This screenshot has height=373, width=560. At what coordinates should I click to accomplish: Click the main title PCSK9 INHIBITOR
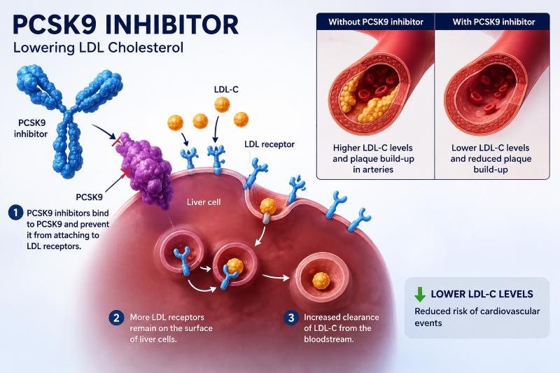pos(125,25)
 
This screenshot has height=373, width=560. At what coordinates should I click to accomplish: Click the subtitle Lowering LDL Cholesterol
pos(98,48)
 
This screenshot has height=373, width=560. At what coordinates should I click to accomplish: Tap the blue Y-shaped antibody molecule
pos(68,121)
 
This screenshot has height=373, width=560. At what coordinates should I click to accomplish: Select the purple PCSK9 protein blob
pos(145,169)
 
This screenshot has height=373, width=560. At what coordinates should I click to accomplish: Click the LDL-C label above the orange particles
pos(226,90)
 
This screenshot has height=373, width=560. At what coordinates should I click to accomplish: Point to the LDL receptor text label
pos(269,145)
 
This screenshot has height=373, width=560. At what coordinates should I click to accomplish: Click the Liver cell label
pos(204,202)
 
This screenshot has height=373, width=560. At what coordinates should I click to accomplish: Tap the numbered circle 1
pos(15,213)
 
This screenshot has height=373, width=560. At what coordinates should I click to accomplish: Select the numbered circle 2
pos(116,318)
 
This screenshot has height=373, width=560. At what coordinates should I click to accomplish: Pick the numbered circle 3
pos(291,318)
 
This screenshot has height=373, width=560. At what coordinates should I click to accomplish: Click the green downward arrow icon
pos(420,294)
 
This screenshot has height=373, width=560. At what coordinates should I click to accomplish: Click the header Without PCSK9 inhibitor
pos(376,22)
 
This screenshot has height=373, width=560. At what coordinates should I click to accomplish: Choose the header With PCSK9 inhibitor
pos(494,22)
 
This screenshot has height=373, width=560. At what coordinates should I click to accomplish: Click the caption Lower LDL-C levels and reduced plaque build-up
pos(491,158)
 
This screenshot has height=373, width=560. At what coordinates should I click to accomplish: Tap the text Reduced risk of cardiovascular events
pos(477,317)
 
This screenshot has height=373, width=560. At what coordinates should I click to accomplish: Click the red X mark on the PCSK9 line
pos(125,174)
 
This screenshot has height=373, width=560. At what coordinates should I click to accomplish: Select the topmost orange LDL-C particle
pos(222,105)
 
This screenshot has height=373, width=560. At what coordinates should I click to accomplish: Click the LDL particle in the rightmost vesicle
pos(321,281)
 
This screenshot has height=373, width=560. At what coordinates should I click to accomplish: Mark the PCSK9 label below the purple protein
pos(90,197)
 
